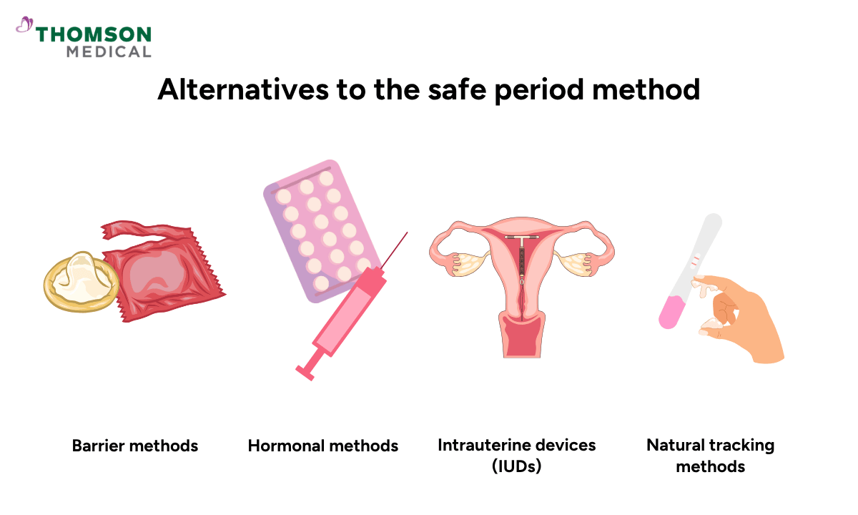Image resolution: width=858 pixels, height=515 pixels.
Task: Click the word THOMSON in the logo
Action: [94, 34]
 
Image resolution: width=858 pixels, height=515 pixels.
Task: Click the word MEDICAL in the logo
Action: [109, 51]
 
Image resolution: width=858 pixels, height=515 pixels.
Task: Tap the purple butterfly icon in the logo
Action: [25, 26]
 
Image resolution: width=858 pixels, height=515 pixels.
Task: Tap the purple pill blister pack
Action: [315, 229]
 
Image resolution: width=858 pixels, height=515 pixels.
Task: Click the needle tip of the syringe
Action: [405, 233]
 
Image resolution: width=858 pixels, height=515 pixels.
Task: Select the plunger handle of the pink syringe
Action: [305, 371]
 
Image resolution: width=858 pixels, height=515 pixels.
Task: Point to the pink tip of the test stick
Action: [670, 315]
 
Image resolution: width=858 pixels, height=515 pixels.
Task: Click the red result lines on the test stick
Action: [694, 263]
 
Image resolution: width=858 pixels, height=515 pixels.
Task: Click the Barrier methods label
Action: [135, 446]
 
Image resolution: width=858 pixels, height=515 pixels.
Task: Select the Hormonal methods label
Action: [323, 446]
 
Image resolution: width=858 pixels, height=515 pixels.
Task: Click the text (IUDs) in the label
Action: [517, 466]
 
